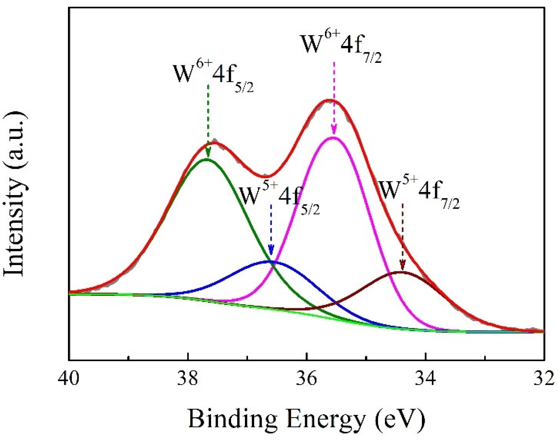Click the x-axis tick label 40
(x=68, y=378)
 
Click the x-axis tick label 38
(x=188, y=378)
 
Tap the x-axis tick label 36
(x=307, y=378)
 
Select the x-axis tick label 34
(x=426, y=378)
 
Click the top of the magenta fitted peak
(x=333, y=138)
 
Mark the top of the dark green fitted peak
(x=207, y=160)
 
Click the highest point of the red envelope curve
(x=329, y=100)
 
